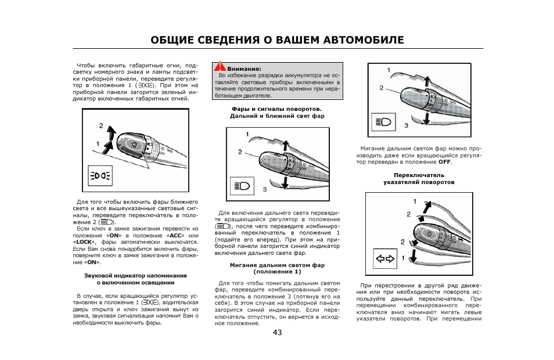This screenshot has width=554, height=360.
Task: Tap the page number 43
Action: tap(276, 332)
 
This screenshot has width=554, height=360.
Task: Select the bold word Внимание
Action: tap(244, 69)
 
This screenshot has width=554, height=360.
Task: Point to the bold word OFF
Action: tap(445, 161)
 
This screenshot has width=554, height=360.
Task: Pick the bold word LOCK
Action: tap(85, 242)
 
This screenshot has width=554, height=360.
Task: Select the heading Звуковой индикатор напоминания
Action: tap(135, 275)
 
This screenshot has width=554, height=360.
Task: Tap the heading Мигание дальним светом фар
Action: tap(277, 265)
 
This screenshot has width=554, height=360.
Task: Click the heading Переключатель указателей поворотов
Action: tap(419, 175)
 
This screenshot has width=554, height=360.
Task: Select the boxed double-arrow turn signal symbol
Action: tap(384, 259)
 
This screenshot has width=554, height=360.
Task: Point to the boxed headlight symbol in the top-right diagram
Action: tap(384, 121)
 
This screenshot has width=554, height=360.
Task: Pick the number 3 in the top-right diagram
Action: tap(406, 125)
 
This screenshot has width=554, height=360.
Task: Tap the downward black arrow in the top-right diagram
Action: tap(427, 118)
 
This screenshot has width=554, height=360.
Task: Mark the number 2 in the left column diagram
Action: tap(100, 125)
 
